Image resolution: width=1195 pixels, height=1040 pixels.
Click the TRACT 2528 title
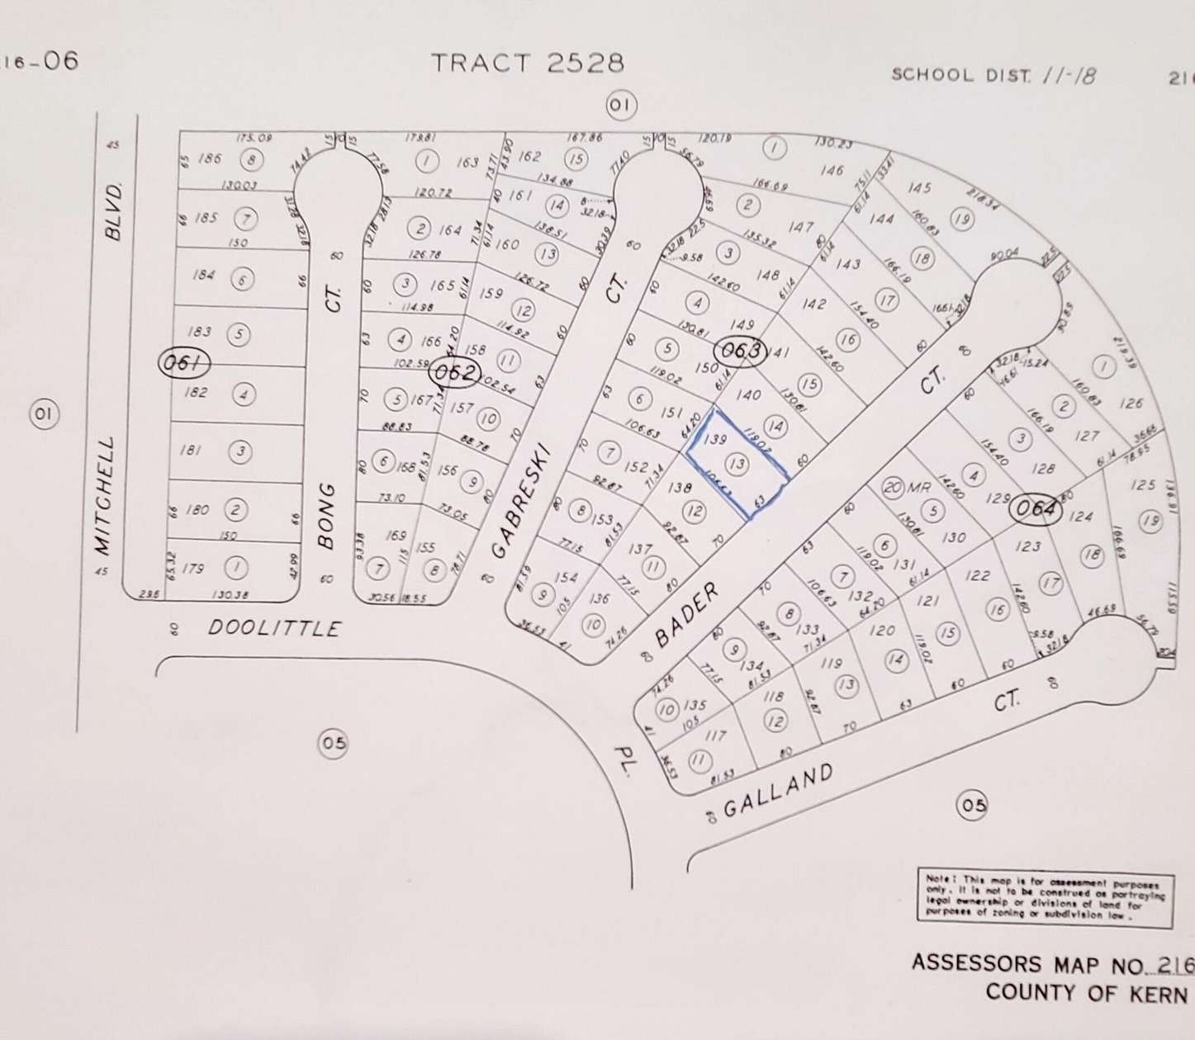point(528,63)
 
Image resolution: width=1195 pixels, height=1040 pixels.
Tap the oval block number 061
point(183,362)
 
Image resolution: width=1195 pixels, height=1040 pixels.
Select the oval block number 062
point(454,373)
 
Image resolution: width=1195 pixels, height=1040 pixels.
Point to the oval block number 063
point(740,351)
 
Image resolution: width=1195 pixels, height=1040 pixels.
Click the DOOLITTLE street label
point(274,628)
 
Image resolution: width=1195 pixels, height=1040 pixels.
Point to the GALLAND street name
point(778,789)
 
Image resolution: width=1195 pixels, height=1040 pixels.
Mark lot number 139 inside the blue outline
point(717,441)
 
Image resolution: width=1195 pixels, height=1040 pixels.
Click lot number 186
point(211,158)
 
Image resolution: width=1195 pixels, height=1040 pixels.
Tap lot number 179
point(192,569)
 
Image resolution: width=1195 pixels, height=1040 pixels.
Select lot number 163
point(467,163)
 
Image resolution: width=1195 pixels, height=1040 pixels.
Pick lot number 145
point(918,187)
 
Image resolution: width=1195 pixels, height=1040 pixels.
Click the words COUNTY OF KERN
point(1085,993)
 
